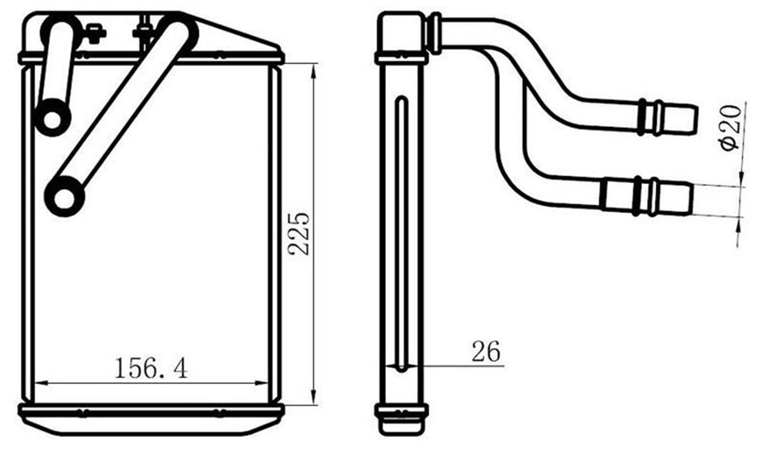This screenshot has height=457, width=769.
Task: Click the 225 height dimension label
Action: click(x=299, y=233)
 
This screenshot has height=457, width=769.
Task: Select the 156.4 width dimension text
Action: click(x=151, y=369)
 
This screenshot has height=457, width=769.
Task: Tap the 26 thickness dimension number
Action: click(x=486, y=351)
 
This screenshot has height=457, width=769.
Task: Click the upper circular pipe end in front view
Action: click(x=52, y=118)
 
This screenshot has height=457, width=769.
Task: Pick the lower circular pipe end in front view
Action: click(x=65, y=197)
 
